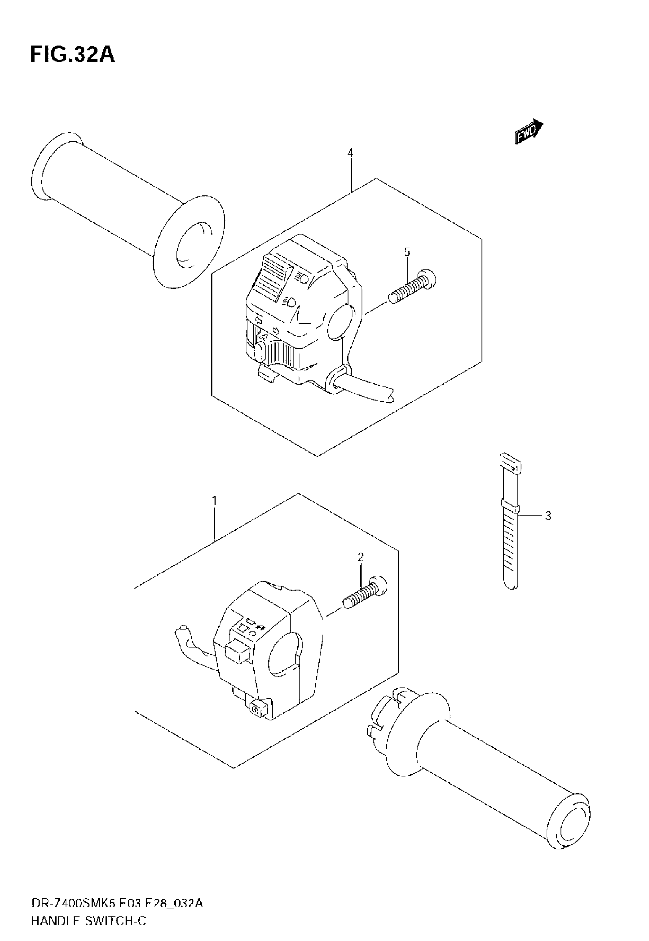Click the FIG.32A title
tap(73, 55)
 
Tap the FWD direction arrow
tap(529, 132)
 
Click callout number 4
tap(350, 153)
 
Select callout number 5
tap(407, 252)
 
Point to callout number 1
tap(214, 500)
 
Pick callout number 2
tap(361, 557)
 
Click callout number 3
tap(548, 516)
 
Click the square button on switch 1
tap(237, 652)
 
